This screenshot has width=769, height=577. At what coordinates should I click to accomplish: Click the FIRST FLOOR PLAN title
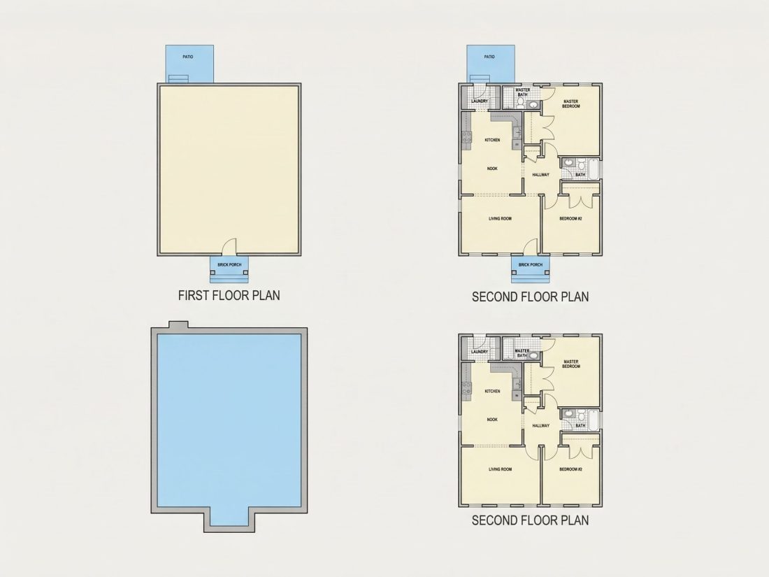coord(229,295)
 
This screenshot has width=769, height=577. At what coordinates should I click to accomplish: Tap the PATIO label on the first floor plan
coord(188,57)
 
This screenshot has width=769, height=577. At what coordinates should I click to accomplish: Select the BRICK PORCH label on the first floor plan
coord(229,265)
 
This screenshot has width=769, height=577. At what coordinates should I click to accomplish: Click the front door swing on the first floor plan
coord(229,246)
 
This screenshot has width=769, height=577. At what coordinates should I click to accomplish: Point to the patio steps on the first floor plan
coord(178,79)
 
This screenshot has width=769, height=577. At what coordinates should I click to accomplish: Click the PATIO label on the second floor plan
coord(489,57)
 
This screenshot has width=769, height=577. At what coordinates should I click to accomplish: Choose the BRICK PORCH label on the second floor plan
coord(531,265)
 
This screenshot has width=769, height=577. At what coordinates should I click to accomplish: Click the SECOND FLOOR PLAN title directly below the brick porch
coord(530,297)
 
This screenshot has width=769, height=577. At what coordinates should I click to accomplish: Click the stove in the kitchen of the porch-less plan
coord(466,388)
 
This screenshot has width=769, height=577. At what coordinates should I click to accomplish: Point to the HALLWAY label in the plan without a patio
coord(541,426)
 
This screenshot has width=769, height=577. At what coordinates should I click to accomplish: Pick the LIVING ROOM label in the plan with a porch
coord(501,219)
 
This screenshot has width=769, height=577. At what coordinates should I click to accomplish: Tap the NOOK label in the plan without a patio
coord(492,420)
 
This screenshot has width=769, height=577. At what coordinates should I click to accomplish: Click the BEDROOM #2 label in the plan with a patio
coord(570,219)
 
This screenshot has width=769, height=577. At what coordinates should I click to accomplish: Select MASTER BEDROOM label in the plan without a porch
coord(571,364)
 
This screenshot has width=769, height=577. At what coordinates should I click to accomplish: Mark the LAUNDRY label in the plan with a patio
coord(480,101)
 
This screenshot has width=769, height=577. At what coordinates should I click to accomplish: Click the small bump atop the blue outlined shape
coord(178,325)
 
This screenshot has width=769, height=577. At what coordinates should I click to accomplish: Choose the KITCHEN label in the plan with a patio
coord(492,141)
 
